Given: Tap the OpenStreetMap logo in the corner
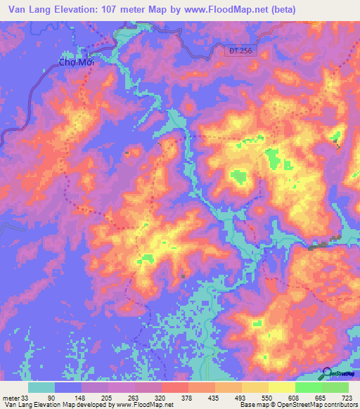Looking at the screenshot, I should click(x=338, y=374).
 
